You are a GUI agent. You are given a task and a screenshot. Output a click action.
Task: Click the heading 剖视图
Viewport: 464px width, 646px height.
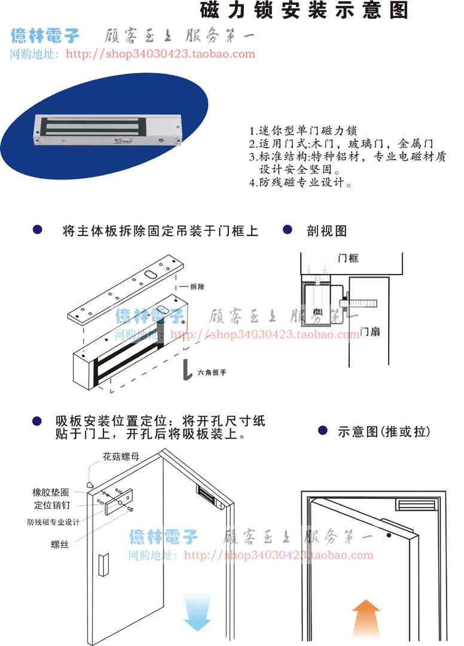tap(326, 231)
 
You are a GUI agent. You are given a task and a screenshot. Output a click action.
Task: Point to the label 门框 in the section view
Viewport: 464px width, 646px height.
tap(348, 258)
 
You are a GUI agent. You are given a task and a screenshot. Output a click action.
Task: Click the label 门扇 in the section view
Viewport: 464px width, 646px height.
tap(371, 331)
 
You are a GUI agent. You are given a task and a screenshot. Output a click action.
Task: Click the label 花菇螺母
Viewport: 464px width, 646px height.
tap(121, 456)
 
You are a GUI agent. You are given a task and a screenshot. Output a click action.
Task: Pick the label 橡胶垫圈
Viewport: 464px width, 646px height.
tap(51, 492)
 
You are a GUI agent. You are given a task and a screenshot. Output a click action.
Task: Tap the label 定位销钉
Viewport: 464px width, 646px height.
tap(52, 506)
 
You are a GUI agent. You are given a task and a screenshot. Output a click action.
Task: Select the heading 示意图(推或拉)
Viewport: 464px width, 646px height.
tap(383, 431)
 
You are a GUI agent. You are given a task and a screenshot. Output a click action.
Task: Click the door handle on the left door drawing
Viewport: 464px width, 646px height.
tap(103, 566)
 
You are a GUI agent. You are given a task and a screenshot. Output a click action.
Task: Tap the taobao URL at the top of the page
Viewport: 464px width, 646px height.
tap(160, 54)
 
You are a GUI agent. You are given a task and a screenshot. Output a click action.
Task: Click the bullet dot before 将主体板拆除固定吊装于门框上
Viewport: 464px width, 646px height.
tap(38, 230)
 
